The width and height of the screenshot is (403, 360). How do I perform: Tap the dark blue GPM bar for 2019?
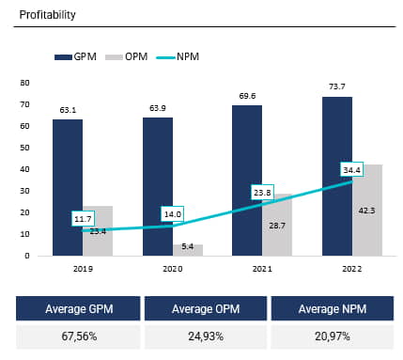pos(67,187)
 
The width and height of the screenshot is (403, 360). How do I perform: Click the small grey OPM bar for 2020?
pos(187,250)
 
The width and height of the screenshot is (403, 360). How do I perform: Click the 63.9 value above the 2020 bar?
pos(157,107)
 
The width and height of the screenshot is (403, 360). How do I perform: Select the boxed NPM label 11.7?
pos(83,219)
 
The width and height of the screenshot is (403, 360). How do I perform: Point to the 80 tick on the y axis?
pos(26,82)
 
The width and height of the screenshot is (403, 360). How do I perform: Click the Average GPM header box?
pos(78,309)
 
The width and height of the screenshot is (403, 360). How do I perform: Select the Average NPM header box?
pos(333,309)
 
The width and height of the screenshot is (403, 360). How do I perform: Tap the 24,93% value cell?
pos(206,337)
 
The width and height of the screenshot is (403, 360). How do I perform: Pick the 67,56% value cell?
pos(78,337)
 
